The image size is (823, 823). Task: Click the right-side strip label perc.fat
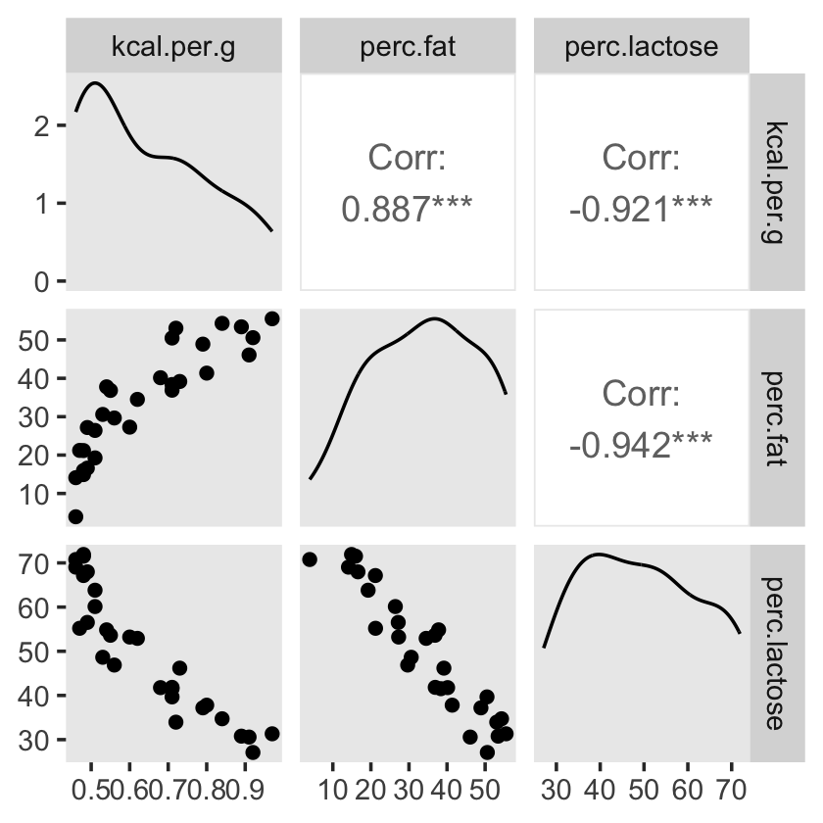(x=772, y=418)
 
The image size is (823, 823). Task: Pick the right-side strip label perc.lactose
(x=772, y=654)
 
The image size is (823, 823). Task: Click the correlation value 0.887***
(x=408, y=208)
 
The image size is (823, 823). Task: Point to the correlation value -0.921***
(x=642, y=208)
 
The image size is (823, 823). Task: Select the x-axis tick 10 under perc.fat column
(x=333, y=791)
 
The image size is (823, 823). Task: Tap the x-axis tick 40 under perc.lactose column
(x=600, y=791)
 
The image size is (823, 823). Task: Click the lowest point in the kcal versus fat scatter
(x=75, y=516)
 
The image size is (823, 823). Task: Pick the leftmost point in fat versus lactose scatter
(x=310, y=559)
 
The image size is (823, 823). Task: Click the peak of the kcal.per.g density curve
(x=95, y=83)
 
